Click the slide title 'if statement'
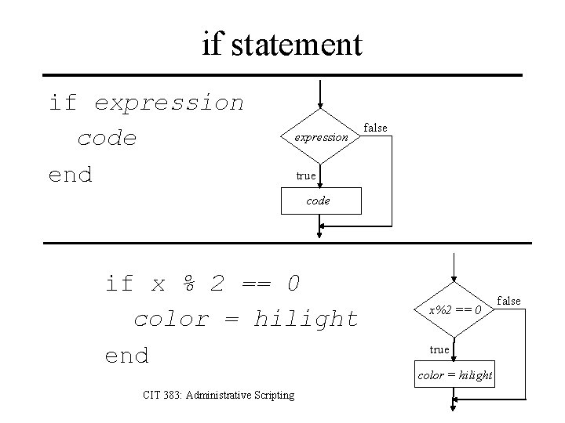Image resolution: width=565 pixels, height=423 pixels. coord(282,44)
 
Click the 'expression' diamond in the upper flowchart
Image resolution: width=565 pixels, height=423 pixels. coord(321,136)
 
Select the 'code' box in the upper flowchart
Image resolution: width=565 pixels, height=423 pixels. coord(318,201)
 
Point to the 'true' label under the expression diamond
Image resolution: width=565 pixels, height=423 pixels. coord(306,175)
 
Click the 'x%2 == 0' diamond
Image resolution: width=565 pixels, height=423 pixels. coord(454,310)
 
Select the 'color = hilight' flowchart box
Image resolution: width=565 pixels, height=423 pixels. coord(455,375)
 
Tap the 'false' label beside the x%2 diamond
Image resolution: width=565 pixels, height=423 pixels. coord(508,301)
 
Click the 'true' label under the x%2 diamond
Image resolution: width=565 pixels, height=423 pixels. coord(439,349)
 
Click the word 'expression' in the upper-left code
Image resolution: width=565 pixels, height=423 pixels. coord(169,103)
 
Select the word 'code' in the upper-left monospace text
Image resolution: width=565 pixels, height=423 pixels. coord(108,139)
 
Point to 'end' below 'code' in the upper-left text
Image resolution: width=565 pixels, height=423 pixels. coord(71,174)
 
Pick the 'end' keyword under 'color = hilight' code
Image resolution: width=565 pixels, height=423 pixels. coord(127,356)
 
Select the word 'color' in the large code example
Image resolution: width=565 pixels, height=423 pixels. coord(172,319)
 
